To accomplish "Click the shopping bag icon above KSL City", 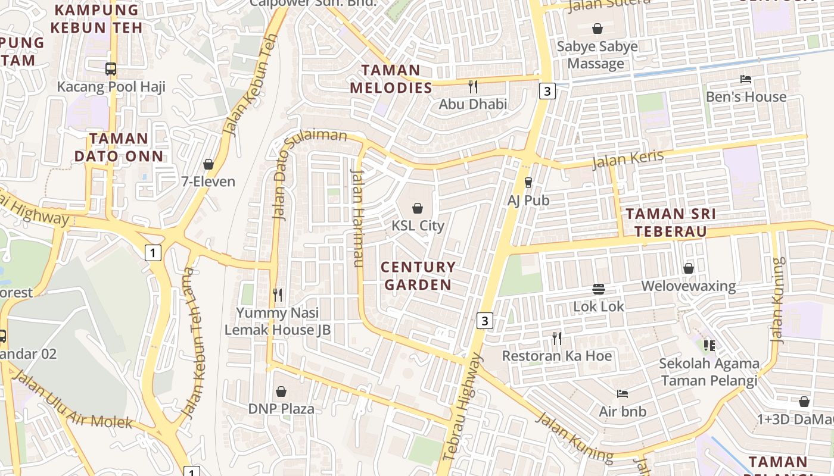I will pyautogui.click(x=418, y=208).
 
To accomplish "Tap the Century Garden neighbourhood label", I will pyautogui.click(x=418, y=276).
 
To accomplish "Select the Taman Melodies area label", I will pyautogui.click(x=391, y=79).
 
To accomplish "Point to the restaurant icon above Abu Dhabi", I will pyautogui.click(x=473, y=87).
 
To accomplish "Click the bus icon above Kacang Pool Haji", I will pyautogui.click(x=111, y=69).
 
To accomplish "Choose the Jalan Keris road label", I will pyautogui.click(x=628, y=159).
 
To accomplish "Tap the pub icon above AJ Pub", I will pyautogui.click(x=528, y=183).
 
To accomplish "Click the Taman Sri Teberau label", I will pyautogui.click(x=670, y=223).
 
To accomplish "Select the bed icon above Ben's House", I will pyautogui.click(x=745, y=79).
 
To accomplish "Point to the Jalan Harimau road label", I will pyautogui.click(x=358, y=218).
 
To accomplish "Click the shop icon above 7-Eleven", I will pyautogui.click(x=208, y=164).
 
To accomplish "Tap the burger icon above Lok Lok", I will pyautogui.click(x=599, y=289).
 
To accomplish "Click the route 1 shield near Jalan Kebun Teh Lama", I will pyautogui.click(x=153, y=253).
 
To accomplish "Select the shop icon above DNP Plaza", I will pyautogui.click(x=281, y=392).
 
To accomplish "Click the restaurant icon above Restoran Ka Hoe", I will pyautogui.click(x=557, y=339).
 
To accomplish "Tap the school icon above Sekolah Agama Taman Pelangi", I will pyautogui.click(x=709, y=345).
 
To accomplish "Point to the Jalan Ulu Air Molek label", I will pyautogui.click(x=71, y=400).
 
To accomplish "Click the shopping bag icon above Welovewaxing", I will pyautogui.click(x=689, y=269).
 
